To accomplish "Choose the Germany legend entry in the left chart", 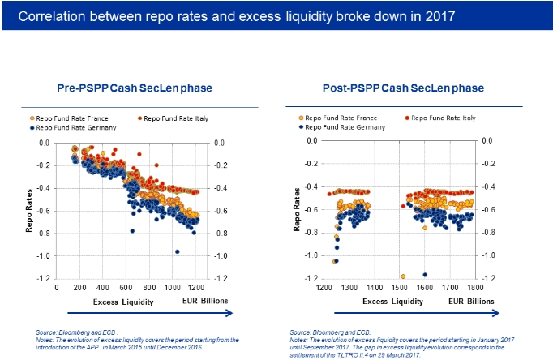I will coord(74,128).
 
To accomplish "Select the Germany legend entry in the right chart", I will coord(341,128).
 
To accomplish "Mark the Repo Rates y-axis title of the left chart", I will coord(29,209).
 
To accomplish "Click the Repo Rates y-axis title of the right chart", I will coord(298,209).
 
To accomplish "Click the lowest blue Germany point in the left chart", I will coord(177,251).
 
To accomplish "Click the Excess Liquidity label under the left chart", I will coord(120,301).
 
